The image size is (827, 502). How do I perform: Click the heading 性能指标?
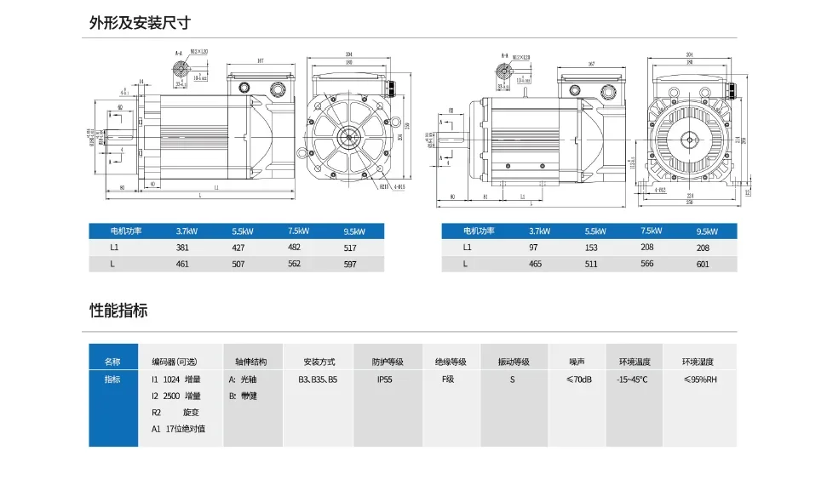pos(118,311)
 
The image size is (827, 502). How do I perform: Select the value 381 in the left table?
pos(182,248)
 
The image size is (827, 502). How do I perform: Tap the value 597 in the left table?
pos(350,265)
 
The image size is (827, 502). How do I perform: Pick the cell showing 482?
pos(295,248)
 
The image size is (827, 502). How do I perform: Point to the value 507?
pos(238,265)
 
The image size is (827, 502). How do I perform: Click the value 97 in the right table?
pos(534,248)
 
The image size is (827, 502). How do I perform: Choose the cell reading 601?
pos(703,264)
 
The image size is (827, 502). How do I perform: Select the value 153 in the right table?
pos(591,248)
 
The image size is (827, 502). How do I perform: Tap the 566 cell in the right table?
pos(647,264)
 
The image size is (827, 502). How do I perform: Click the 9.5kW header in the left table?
pos(354,231)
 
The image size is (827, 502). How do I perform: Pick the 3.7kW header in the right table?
pos(539,231)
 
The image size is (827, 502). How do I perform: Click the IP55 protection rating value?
pos(384,379)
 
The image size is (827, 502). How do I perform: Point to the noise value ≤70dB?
pos(578,379)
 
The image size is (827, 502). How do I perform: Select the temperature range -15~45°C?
pos(632,379)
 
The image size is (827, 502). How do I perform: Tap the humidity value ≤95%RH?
pos(700,379)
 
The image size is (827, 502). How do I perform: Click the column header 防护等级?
pos(388,362)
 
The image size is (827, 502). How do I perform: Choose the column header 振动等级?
pos(514,362)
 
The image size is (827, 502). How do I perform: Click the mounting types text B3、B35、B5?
pos(318,379)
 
